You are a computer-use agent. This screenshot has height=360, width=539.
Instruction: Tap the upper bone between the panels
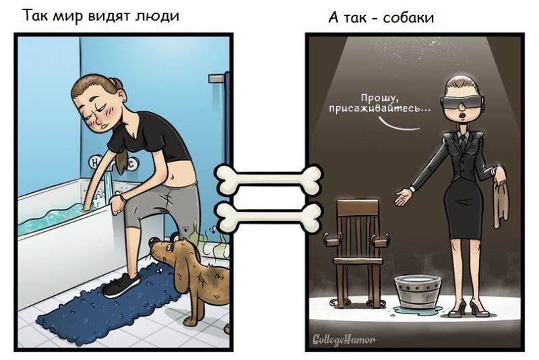click(x=269, y=179)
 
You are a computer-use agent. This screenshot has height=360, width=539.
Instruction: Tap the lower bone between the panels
click(x=269, y=216)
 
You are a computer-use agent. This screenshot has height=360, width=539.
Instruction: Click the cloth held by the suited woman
click(x=501, y=199)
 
